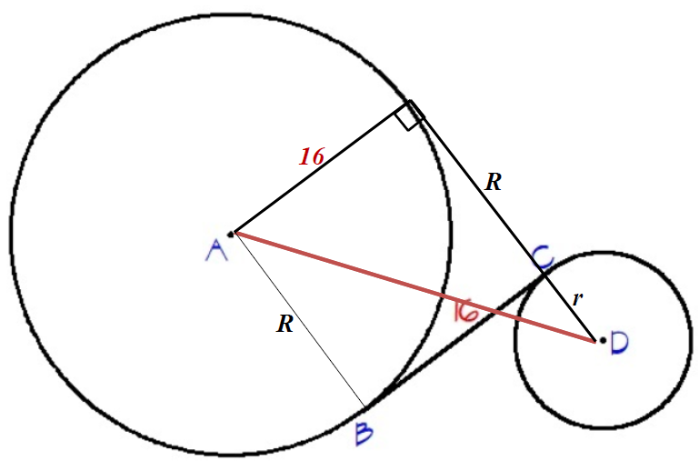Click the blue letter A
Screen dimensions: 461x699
[x=216, y=250]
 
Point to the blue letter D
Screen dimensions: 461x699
[x=620, y=343]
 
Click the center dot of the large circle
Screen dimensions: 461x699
[x=231, y=234]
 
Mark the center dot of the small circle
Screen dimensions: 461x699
[x=601, y=340]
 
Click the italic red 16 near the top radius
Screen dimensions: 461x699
[x=312, y=157]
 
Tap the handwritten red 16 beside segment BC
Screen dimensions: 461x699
[x=464, y=312]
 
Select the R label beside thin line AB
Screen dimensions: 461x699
[x=285, y=324]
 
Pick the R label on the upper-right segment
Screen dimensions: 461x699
[x=493, y=182]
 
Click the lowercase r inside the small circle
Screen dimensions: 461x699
[x=575, y=297]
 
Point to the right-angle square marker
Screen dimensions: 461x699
[x=410, y=115]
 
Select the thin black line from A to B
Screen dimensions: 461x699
[x=300, y=323]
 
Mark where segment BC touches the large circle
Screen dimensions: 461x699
[x=366, y=406]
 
